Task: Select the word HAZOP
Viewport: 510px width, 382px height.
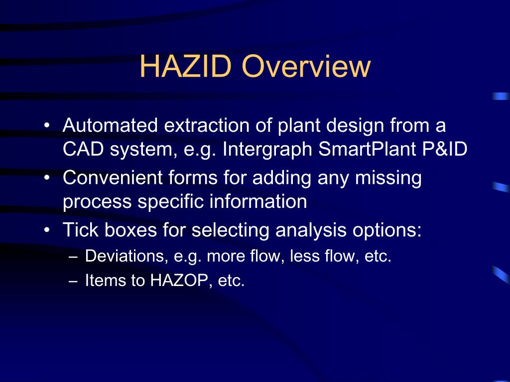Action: (x=183, y=281)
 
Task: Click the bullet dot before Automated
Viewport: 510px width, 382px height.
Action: (x=46, y=126)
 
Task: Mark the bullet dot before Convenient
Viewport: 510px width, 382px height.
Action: (x=46, y=178)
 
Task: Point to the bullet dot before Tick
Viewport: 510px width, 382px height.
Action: (x=46, y=230)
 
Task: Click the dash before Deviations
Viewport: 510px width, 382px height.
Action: (x=74, y=257)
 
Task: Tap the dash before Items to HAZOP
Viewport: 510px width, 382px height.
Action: (x=74, y=281)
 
